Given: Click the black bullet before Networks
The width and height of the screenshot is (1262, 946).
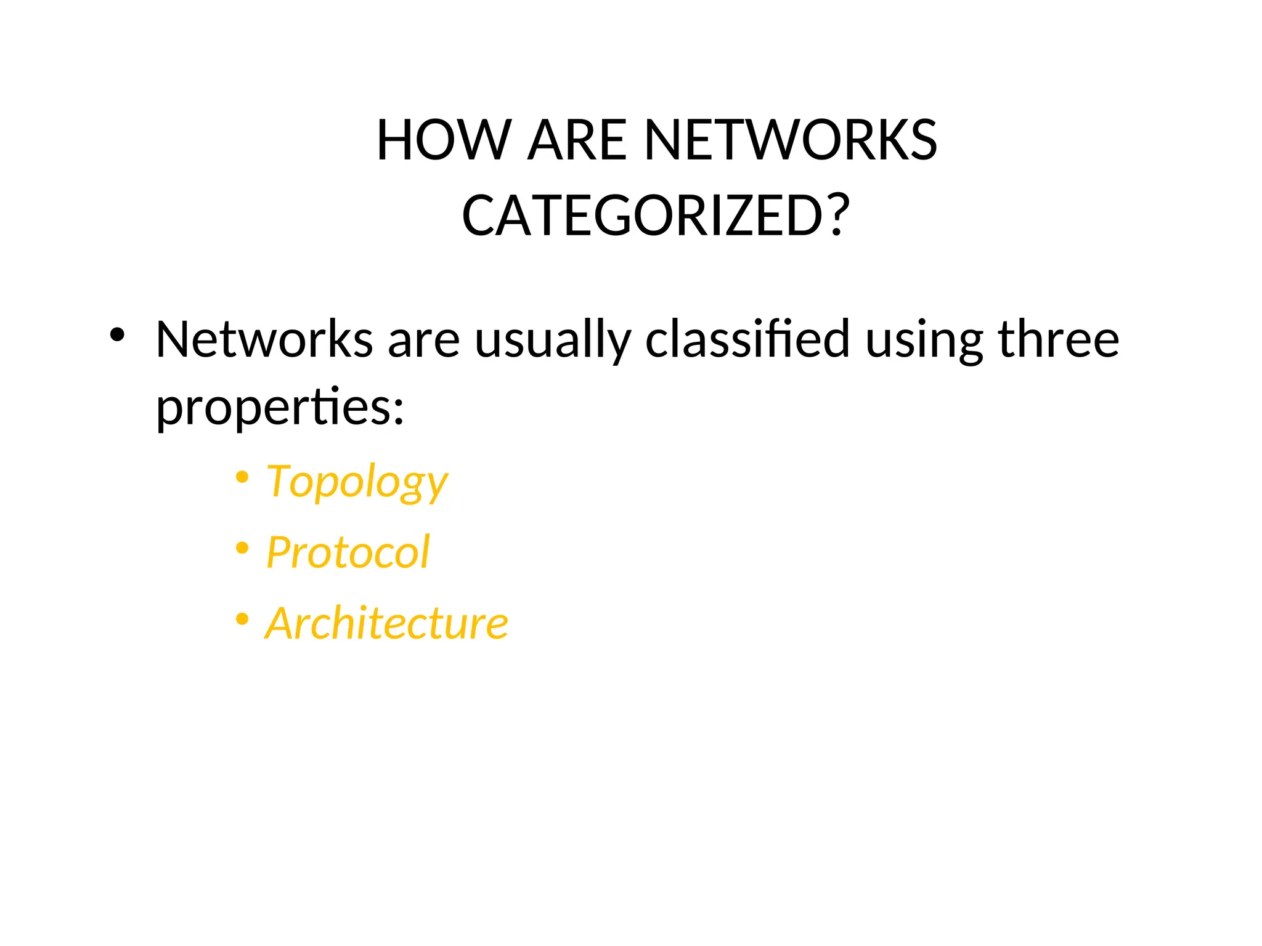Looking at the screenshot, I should [117, 336].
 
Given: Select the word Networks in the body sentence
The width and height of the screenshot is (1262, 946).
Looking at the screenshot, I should [264, 339].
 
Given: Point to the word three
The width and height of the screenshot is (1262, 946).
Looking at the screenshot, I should [1057, 339].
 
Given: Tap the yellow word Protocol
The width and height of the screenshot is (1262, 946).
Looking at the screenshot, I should [348, 552].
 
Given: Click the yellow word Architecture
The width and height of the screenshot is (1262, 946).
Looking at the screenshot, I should [386, 623].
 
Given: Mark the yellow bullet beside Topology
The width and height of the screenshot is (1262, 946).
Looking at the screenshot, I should [242, 477].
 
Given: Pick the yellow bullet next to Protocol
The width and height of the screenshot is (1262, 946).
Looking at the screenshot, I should [242, 548].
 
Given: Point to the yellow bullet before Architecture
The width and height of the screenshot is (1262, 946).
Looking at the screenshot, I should [242, 618].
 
